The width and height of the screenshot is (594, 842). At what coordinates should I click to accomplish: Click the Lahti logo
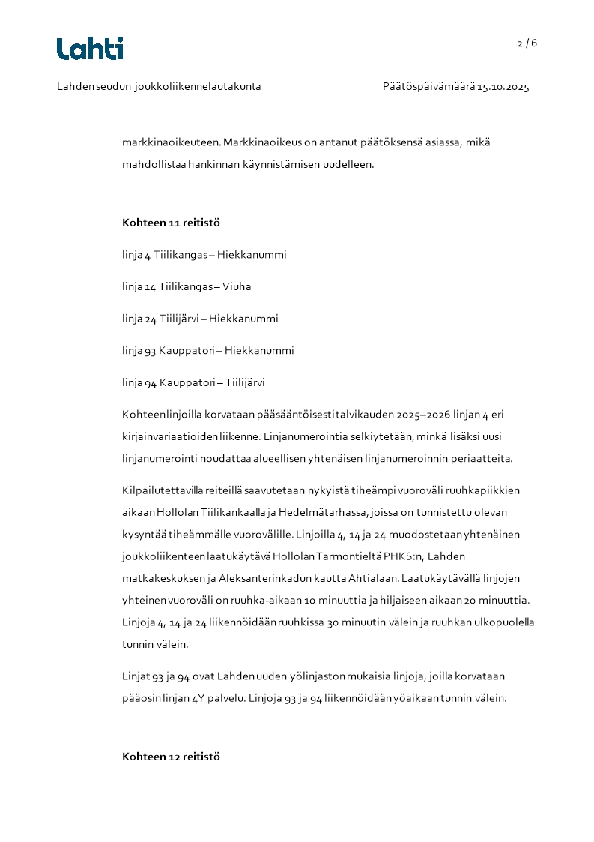tap(90, 49)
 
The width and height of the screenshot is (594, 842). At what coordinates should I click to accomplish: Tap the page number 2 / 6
tap(527, 43)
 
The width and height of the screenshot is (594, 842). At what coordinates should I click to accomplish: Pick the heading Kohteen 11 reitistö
tap(171, 223)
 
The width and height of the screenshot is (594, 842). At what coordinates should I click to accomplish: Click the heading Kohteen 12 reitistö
tap(171, 757)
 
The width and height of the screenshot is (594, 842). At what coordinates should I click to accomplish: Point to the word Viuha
tap(237, 286)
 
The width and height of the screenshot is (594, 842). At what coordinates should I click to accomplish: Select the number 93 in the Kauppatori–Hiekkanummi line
tap(149, 350)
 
